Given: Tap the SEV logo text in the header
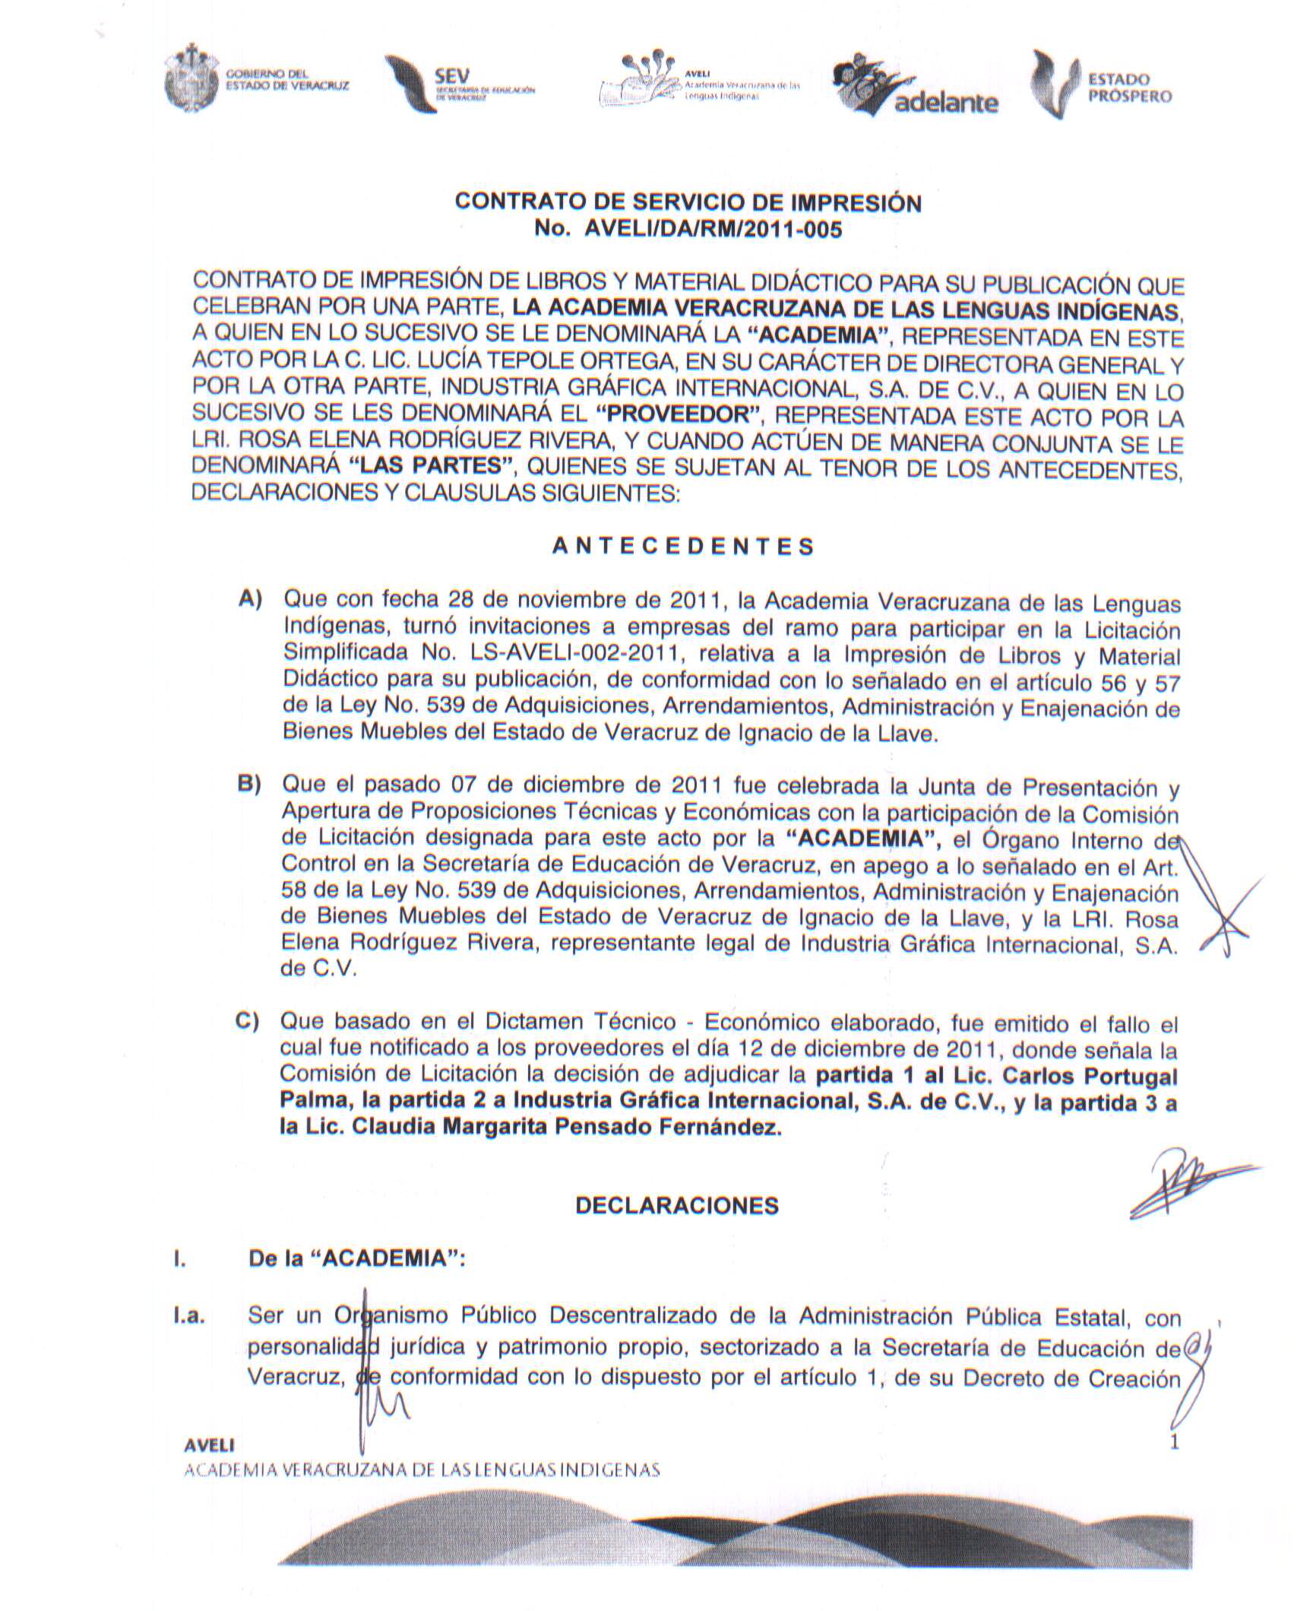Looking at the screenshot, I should [x=452, y=77].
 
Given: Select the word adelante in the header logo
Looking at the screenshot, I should [x=946, y=103].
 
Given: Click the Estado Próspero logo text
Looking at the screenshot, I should [x=1129, y=87].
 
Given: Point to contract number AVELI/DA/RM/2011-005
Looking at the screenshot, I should [x=712, y=229].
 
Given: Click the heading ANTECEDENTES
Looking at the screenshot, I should [x=682, y=547].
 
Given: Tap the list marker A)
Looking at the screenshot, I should [x=251, y=600].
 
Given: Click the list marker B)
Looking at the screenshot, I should [x=249, y=784].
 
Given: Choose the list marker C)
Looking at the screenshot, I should [x=248, y=1021].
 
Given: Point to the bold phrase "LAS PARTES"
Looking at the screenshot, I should [x=433, y=465].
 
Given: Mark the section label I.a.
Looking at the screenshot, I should [x=189, y=1318].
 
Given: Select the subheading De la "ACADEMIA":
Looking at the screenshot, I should [x=357, y=1258].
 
